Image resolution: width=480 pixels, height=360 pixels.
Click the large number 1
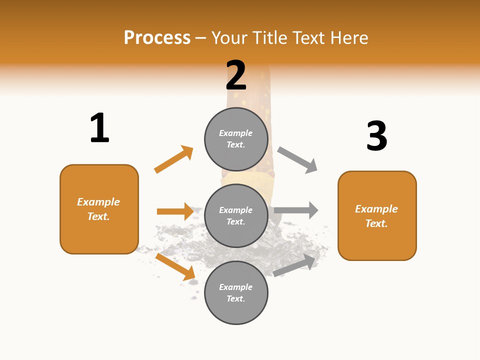tap(99, 128)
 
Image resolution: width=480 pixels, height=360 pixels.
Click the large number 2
tap(236, 75)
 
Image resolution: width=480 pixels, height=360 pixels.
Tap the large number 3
tap(376, 136)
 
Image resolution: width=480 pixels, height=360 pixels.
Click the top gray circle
tap(236, 139)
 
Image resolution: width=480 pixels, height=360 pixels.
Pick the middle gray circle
tap(236, 215)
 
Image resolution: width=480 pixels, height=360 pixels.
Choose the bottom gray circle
tap(236, 292)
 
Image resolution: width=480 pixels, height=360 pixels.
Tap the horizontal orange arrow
tap(175, 211)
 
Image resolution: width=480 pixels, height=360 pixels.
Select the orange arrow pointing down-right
tap(175, 266)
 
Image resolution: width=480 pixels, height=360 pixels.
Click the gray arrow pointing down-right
tap(297, 159)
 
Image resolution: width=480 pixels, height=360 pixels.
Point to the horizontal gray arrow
tap(296, 210)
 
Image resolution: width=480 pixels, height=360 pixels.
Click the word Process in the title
tap(157, 37)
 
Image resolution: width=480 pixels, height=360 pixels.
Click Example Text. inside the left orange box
tap(98, 209)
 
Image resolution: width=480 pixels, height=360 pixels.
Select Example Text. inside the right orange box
tap(376, 216)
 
